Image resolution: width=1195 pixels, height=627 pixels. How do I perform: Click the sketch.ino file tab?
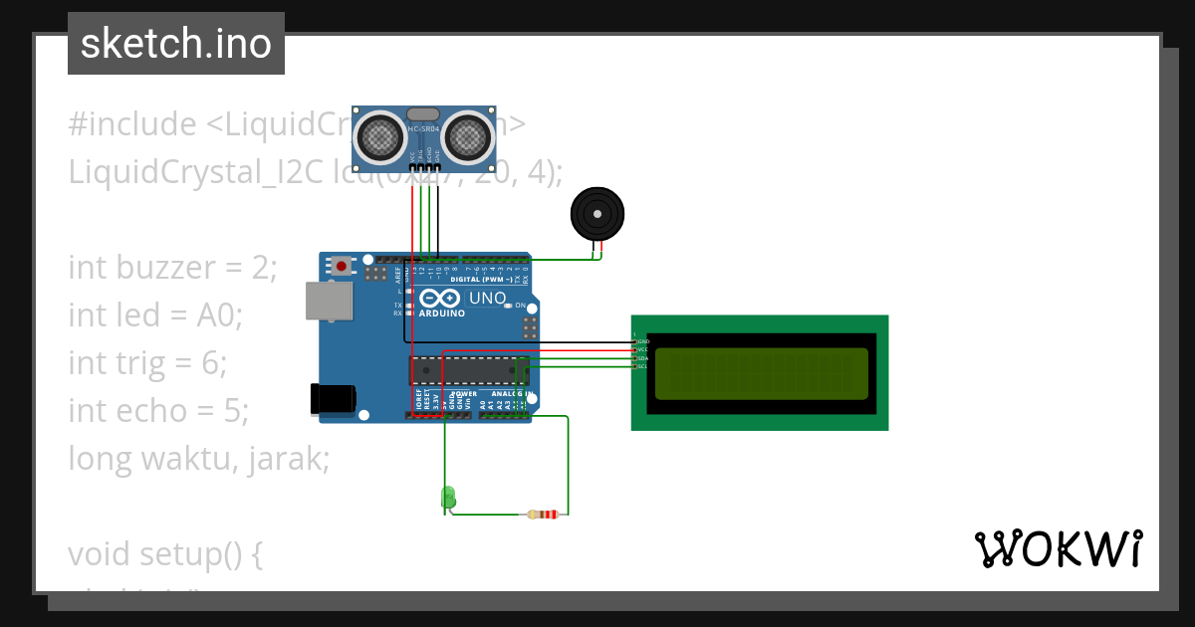pyautogui.click(x=176, y=44)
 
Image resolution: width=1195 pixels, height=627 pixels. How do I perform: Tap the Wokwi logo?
pyautogui.click(x=1058, y=548)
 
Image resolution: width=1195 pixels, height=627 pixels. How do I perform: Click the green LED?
pyautogui.click(x=448, y=497)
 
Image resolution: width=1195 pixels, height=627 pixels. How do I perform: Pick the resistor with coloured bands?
pyautogui.click(x=544, y=515)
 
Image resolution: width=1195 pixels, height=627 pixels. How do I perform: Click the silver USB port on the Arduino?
pyautogui.click(x=328, y=300)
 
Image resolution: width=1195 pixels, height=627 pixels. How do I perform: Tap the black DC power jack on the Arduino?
pyautogui.click(x=333, y=398)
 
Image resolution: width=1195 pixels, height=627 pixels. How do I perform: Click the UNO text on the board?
pyautogui.click(x=488, y=298)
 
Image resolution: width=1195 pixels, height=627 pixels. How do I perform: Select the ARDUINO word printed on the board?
pyautogui.click(x=441, y=313)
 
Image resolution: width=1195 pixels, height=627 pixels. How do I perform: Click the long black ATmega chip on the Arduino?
pyautogui.click(x=468, y=370)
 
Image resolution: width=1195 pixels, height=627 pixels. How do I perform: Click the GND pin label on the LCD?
pyautogui.click(x=643, y=341)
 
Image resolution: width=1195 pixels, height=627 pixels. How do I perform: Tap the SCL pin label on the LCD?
pyautogui.click(x=643, y=366)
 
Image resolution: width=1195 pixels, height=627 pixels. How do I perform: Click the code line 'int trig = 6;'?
pyautogui.click(x=147, y=363)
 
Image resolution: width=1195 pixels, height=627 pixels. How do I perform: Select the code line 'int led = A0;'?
pyautogui.click(x=155, y=315)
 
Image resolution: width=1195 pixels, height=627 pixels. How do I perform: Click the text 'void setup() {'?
pyautogui.click(x=165, y=552)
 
